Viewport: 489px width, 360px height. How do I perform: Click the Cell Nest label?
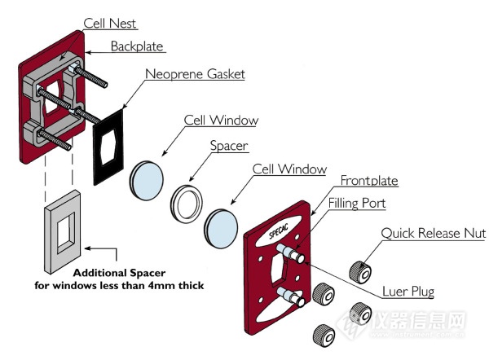click(110, 24)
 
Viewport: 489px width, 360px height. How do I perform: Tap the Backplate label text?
click(137, 46)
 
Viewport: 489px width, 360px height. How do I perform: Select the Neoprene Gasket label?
click(195, 74)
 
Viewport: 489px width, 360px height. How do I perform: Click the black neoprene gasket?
click(108, 147)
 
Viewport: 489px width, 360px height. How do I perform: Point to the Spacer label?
click(229, 146)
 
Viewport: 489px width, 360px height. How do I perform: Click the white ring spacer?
click(187, 204)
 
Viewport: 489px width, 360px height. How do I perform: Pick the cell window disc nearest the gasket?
click(146, 180)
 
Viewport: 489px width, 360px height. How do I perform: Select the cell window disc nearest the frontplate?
click(221, 229)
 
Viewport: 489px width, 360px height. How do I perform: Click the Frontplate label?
click(369, 181)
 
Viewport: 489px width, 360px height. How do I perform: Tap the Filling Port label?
click(357, 204)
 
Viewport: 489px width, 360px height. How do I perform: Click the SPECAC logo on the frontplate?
click(279, 230)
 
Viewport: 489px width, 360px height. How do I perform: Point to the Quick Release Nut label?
click(434, 233)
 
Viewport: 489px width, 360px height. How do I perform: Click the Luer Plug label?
click(408, 292)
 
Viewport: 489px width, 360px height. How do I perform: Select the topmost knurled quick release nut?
click(360, 272)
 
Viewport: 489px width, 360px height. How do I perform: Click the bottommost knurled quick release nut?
click(324, 336)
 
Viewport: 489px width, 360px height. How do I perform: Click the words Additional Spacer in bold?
click(119, 273)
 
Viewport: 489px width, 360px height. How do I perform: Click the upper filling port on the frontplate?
click(290, 252)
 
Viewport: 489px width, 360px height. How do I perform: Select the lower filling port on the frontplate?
click(290, 296)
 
